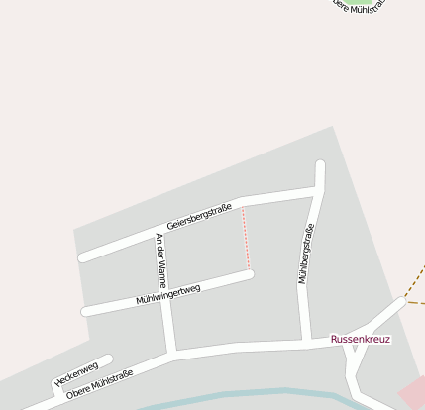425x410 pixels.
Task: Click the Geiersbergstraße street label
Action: pos(199,217)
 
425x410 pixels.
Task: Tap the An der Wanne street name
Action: pos(161,259)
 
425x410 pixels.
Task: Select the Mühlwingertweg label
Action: pos(168,294)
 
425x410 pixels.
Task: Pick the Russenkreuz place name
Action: pos(361,339)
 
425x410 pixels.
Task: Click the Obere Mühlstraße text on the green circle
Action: pos(360,5)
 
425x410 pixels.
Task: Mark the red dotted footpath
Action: pos(246,238)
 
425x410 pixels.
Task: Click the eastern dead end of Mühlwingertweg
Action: pos(250,274)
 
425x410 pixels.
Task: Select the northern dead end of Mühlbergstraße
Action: pos(320,164)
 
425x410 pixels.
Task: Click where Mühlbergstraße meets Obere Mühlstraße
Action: pos(306,343)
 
